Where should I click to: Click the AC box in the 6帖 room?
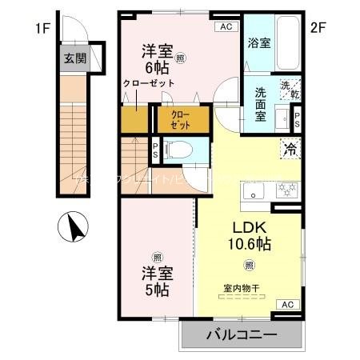click(x=226, y=26)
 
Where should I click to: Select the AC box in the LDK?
click(x=287, y=305)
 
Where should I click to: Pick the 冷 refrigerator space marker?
click(x=289, y=148)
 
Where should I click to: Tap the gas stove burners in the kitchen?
click(x=286, y=190)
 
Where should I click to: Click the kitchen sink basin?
click(x=256, y=192)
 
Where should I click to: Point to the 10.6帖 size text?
click(x=250, y=244)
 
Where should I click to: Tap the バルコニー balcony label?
click(x=244, y=335)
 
